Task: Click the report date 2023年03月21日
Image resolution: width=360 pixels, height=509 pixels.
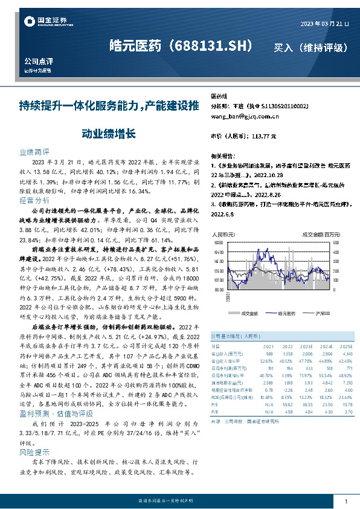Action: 324,24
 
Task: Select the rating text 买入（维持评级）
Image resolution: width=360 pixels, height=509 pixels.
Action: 310,47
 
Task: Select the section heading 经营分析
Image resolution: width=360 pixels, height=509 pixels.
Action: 34,200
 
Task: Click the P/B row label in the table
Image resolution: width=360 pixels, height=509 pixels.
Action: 214,413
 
